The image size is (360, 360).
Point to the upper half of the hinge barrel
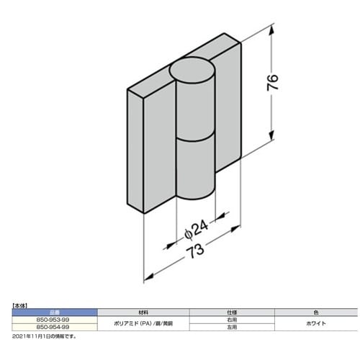tap(194, 108)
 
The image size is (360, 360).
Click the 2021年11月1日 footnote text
tap(43, 335)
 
